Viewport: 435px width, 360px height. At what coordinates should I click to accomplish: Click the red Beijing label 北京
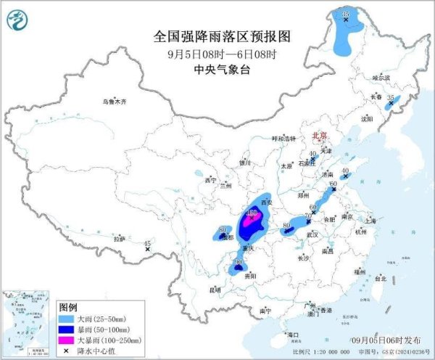[x=320, y=136]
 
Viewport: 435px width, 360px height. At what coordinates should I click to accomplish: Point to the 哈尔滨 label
[x=381, y=78]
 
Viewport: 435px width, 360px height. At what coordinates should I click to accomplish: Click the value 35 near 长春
[x=391, y=97]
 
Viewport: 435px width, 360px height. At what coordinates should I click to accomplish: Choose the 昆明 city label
[x=215, y=290]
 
